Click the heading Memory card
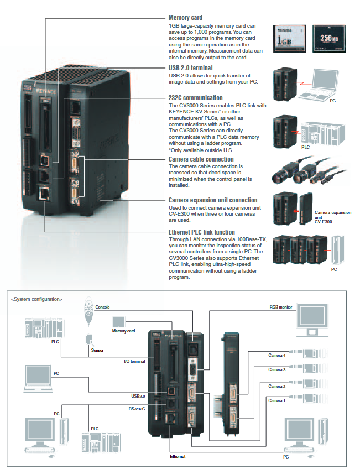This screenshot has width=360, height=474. coord(186,18)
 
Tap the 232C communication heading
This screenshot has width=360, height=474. coord(196,98)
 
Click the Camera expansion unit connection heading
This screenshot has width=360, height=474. coord(213,200)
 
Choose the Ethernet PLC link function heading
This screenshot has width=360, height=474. coord(209,232)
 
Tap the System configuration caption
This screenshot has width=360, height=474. coord(37,299)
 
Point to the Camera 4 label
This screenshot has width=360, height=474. coord(277,355)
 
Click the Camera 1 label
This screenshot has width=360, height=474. coord(277,400)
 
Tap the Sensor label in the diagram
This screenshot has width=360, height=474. coord(96,350)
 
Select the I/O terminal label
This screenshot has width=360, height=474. coord(134,361)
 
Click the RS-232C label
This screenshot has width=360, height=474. coord(137,409)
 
